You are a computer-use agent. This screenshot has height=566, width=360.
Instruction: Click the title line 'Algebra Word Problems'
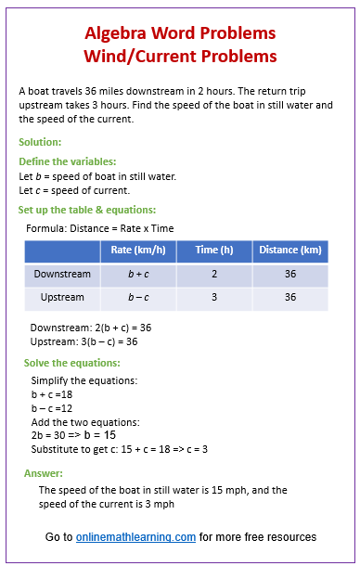[180, 33]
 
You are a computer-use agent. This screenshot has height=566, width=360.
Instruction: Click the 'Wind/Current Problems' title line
[180, 57]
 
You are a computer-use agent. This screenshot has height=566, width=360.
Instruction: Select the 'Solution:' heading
[40, 142]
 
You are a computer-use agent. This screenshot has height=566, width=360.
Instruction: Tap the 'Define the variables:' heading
[68, 161]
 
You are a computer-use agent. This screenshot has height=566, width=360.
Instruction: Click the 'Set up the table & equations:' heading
[87, 210]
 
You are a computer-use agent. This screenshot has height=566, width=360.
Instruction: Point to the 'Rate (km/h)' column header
[137, 250]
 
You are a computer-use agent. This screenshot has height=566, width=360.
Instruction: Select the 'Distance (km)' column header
[289, 250]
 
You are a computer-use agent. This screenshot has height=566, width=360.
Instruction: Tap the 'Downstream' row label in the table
[62, 275]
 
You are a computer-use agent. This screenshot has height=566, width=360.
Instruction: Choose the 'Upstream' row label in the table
[62, 298]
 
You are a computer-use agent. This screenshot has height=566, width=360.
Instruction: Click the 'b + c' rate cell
[137, 275]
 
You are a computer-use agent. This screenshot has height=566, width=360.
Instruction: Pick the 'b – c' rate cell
[137, 298]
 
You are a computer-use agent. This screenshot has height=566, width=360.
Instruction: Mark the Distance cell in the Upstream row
[289, 298]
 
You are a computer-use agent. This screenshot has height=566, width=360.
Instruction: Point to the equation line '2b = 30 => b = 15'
[73, 434]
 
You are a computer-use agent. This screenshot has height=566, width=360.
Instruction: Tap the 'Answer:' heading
[44, 473]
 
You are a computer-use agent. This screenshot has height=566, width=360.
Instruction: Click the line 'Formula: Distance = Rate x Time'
[100, 228]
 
